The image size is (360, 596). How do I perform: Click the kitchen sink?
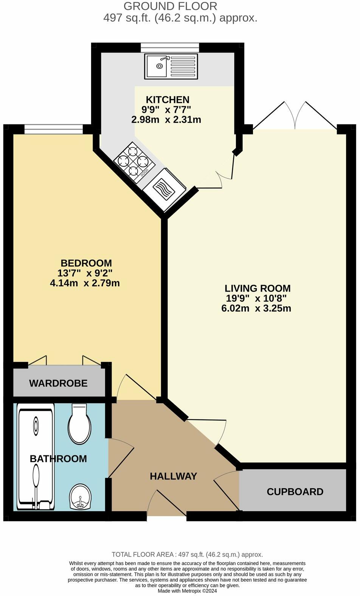tap(171, 67)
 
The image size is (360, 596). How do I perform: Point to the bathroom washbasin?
tap(80, 497)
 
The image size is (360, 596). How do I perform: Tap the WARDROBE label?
tap(58, 383)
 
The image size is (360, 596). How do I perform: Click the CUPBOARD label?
tap(295, 492)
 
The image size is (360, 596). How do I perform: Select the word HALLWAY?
tap(174, 476)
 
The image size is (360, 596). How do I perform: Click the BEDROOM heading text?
tap(86, 263)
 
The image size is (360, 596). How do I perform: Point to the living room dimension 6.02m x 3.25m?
tap(256, 308)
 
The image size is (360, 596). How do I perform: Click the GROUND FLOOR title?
tap(170, 6)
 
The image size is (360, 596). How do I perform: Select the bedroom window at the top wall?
tap(53, 129)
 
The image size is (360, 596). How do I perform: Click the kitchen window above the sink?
tap(170, 47)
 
